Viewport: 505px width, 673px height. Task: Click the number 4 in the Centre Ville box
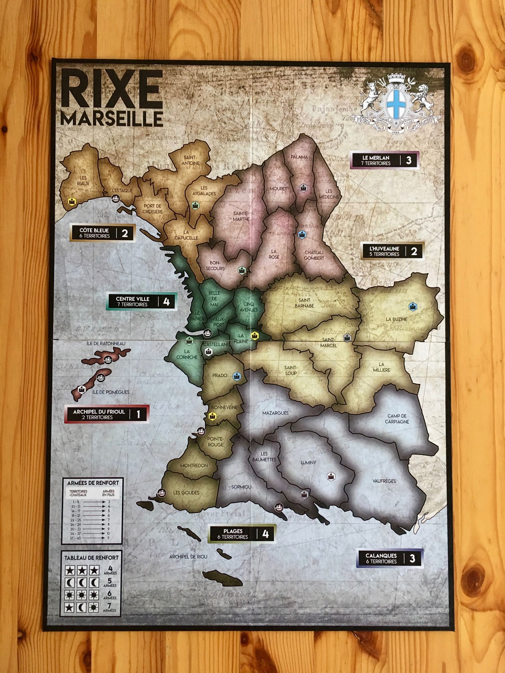[166, 301]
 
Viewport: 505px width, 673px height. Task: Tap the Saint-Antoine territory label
[191, 160]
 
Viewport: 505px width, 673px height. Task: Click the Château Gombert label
[314, 255]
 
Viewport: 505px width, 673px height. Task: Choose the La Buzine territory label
[396, 319]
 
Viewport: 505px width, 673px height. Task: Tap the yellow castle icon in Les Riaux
[72, 200]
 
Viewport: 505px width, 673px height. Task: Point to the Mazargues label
[275, 413]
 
